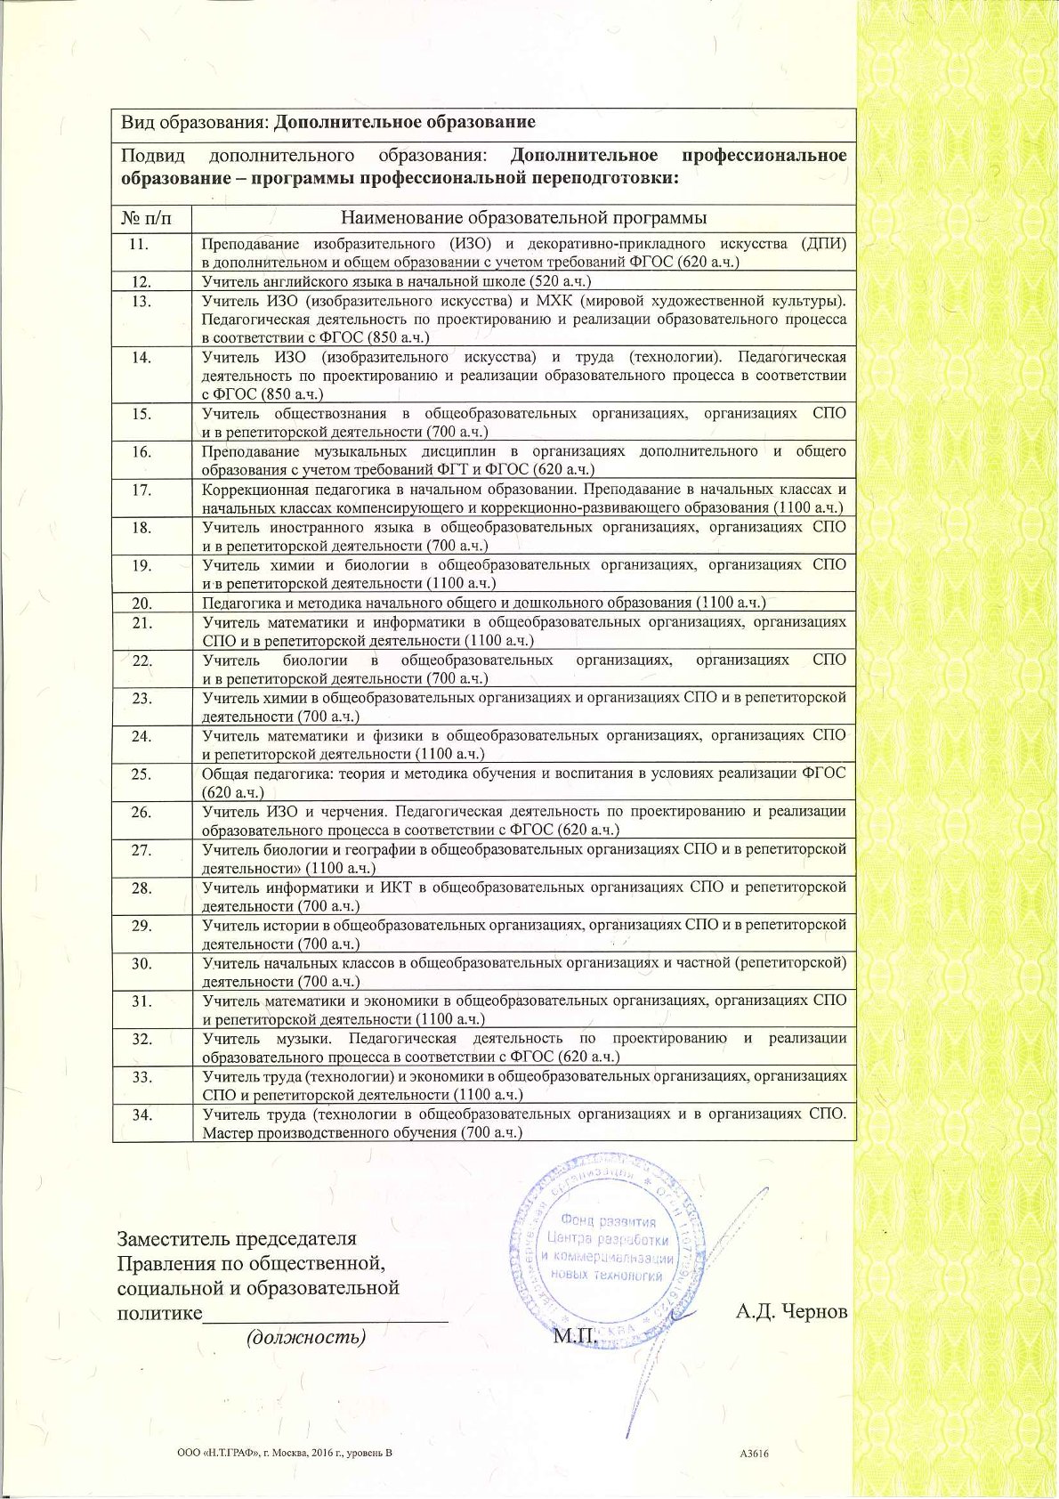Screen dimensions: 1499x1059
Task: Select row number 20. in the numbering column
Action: [x=141, y=603]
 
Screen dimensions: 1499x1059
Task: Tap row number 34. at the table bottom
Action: [x=141, y=1114]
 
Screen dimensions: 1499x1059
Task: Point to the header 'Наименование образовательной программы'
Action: [x=524, y=218]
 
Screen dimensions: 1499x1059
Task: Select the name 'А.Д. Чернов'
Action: [x=791, y=1311]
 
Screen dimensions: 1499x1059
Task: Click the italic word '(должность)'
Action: [x=306, y=1336]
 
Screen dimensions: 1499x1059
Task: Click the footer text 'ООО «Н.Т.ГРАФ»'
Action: [x=210, y=1454]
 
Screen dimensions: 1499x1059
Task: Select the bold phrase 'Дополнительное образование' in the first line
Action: [x=404, y=122]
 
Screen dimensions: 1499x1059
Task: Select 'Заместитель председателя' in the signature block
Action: [x=238, y=1238]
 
